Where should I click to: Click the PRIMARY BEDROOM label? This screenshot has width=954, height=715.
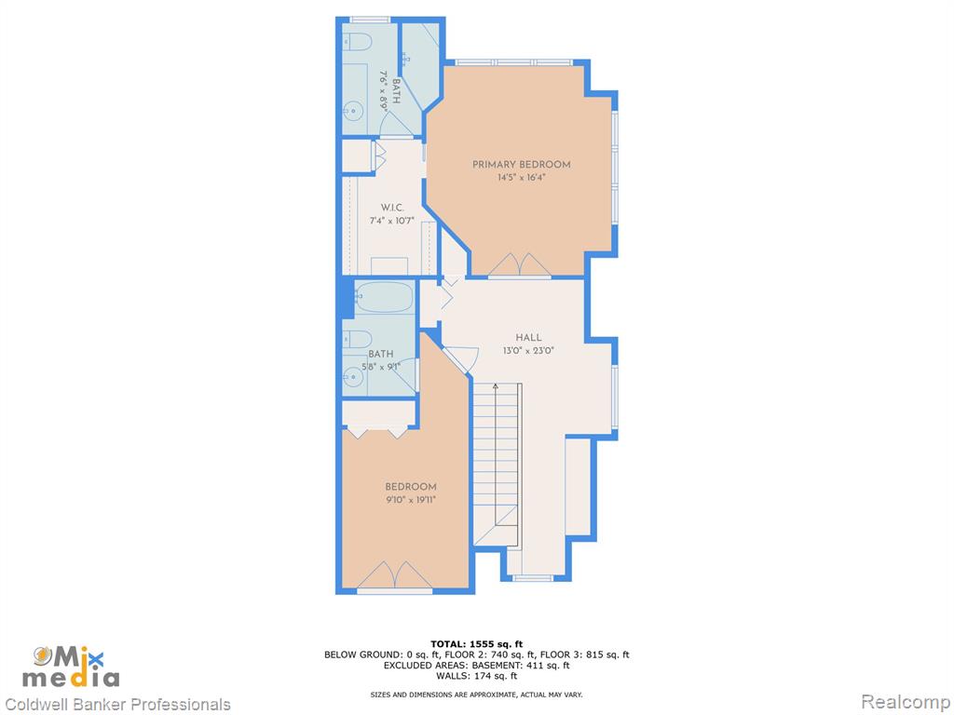click(522, 164)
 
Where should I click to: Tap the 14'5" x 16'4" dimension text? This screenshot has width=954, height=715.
click(522, 178)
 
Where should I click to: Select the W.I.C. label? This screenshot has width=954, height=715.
click(392, 208)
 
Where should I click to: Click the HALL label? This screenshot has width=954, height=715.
click(528, 337)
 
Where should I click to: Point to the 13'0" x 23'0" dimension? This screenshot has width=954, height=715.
click(528, 351)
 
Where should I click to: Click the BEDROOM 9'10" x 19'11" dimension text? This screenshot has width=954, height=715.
click(411, 500)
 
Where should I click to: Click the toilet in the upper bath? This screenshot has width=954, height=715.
click(357, 41)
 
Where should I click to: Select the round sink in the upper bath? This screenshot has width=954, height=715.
click(352, 111)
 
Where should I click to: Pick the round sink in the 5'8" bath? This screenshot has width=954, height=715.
click(352, 377)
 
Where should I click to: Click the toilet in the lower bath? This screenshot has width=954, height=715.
click(357, 339)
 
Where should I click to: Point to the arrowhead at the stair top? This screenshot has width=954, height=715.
click(496, 386)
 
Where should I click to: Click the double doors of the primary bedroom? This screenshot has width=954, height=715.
click(520, 265)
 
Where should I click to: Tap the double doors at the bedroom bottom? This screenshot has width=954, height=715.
click(394, 575)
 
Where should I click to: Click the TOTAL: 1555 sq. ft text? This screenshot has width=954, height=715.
click(476, 644)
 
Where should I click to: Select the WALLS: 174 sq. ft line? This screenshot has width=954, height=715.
click(476, 676)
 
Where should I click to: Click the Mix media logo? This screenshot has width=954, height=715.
click(71, 667)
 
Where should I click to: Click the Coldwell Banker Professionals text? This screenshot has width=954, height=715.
click(116, 704)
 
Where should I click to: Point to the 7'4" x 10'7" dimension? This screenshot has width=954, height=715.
click(392, 221)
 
